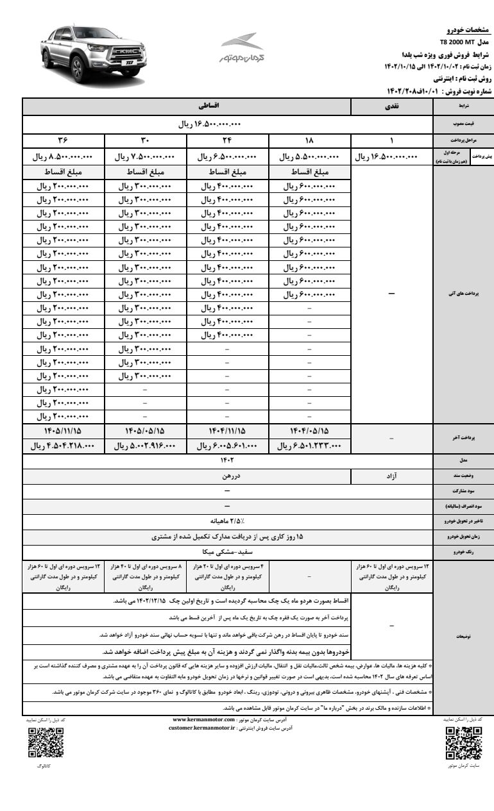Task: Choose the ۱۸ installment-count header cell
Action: pyautogui.click(x=309, y=141)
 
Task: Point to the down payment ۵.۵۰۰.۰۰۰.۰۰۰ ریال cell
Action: pyautogui.click(x=309, y=156)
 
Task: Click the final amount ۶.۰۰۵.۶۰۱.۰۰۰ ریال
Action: pyautogui.click(x=226, y=446)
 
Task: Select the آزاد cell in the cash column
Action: pyautogui.click(x=391, y=476)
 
